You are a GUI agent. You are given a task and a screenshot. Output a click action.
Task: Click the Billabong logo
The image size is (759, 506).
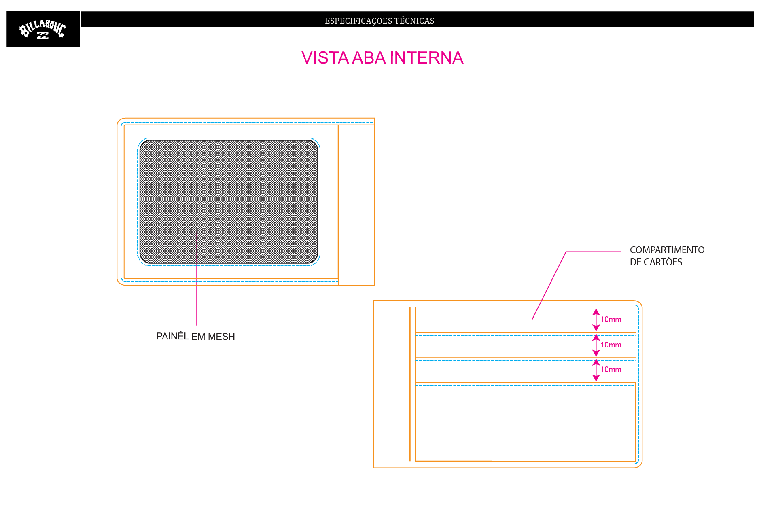point(43,29)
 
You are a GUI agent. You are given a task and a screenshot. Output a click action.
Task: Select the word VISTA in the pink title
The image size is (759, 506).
point(325,58)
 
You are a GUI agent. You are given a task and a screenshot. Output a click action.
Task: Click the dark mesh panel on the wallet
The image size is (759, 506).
point(229,202)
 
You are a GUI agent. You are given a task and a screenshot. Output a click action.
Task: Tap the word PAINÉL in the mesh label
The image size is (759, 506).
point(172,336)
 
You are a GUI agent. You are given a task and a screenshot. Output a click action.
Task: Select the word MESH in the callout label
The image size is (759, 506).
point(221,337)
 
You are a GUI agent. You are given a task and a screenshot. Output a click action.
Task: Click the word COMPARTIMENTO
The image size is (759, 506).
point(667,250)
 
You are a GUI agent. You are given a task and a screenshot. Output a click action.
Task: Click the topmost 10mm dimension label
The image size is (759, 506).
point(611,320)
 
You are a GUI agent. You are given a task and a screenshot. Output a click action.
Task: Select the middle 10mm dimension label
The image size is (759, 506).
point(611,345)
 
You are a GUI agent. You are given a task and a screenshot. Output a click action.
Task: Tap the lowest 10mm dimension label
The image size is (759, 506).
point(611,370)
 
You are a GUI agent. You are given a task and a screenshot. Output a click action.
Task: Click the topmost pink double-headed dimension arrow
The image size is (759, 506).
point(596,320)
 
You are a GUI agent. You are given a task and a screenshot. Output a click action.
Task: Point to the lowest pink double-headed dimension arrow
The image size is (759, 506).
point(596,370)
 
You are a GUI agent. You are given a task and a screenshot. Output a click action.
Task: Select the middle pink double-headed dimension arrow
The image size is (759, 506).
point(596,345)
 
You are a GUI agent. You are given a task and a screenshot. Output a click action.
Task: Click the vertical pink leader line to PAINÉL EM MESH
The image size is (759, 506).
point(197,278)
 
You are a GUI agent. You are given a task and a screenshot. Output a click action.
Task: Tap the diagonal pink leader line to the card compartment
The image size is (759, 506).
point(549,286)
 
